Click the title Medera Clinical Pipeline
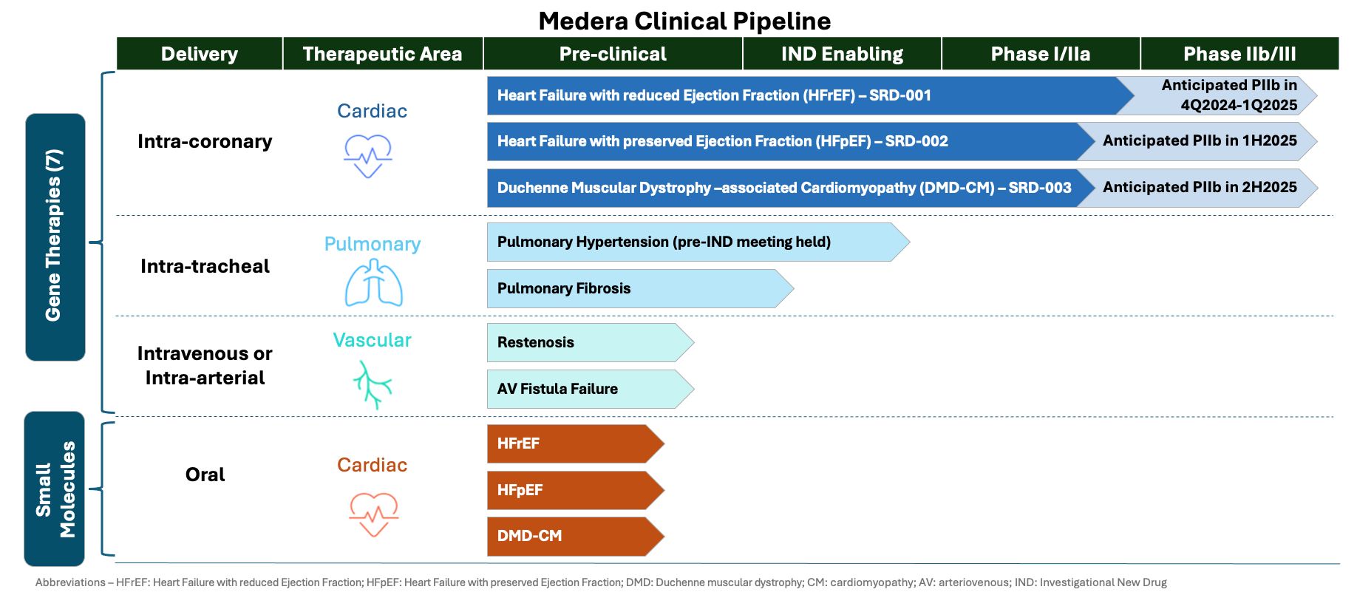684,21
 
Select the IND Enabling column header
842,54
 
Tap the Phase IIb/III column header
1239,54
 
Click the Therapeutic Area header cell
382,54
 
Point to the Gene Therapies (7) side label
55,237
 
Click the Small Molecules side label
55,489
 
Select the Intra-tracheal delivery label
205,266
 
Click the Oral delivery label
205,475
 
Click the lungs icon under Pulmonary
373,284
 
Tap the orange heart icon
373,514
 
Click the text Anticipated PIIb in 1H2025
1199,141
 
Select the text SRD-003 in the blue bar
1039,188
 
